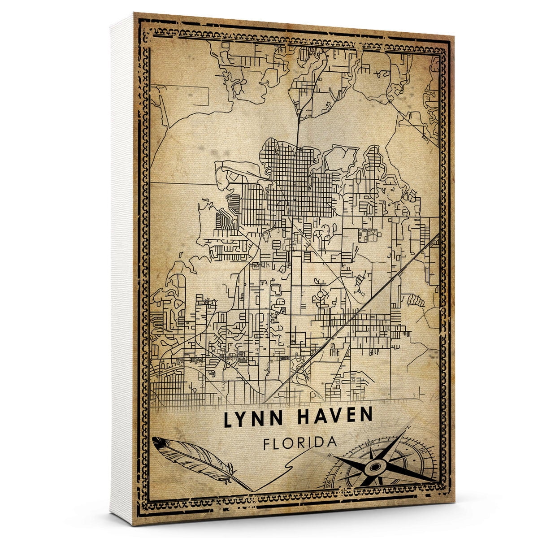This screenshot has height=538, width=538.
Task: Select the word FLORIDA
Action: pos(300,443)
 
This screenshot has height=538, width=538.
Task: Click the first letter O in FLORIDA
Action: pos(291,443)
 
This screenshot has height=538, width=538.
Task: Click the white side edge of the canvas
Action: pos(122,269)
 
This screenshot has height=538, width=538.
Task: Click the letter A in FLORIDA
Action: pos(332,441)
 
